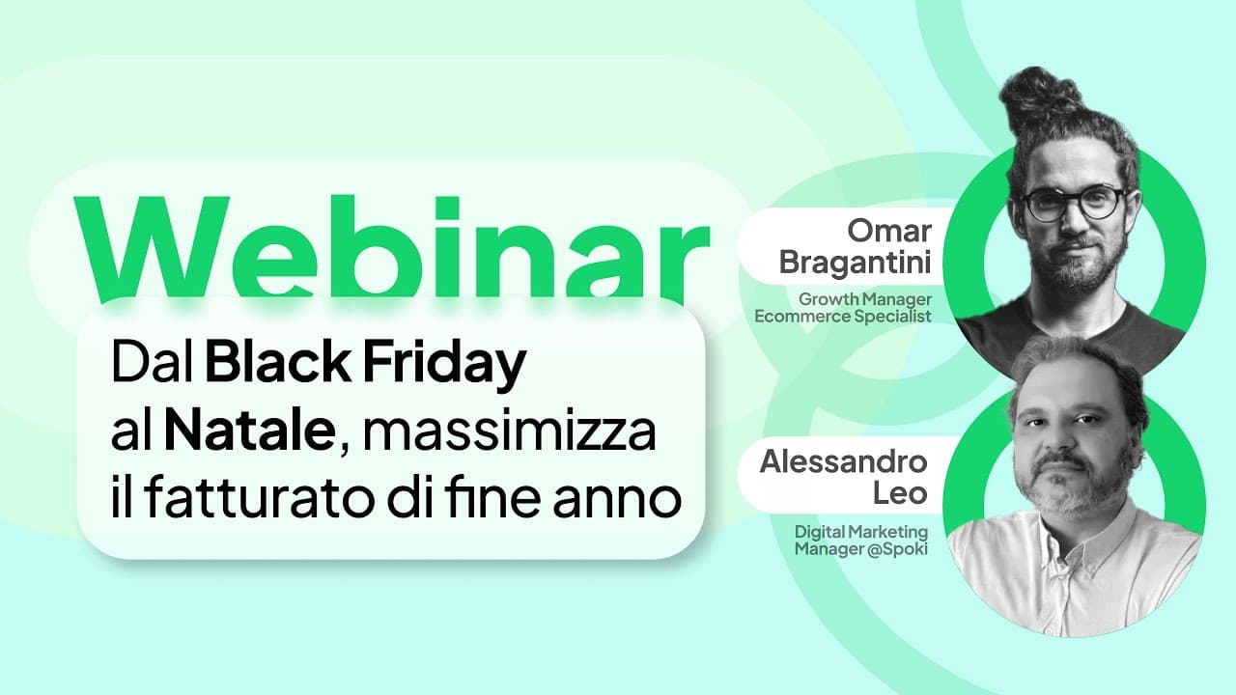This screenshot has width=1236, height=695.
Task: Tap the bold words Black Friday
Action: pyautogui.click(x=366, y=364)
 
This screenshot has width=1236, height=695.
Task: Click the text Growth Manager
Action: pyautogui.click(x=865, y=299)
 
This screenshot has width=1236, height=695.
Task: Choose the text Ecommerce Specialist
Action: pyautogui.click(x=857, y=316)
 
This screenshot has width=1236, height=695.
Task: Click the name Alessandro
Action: pyautogui.click(x=844, y=461)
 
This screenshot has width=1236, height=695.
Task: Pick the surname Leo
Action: pyautogui.click(x=905, y=493)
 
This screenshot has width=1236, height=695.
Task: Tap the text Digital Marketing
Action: pyautogui.click(x=861, y=532)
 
